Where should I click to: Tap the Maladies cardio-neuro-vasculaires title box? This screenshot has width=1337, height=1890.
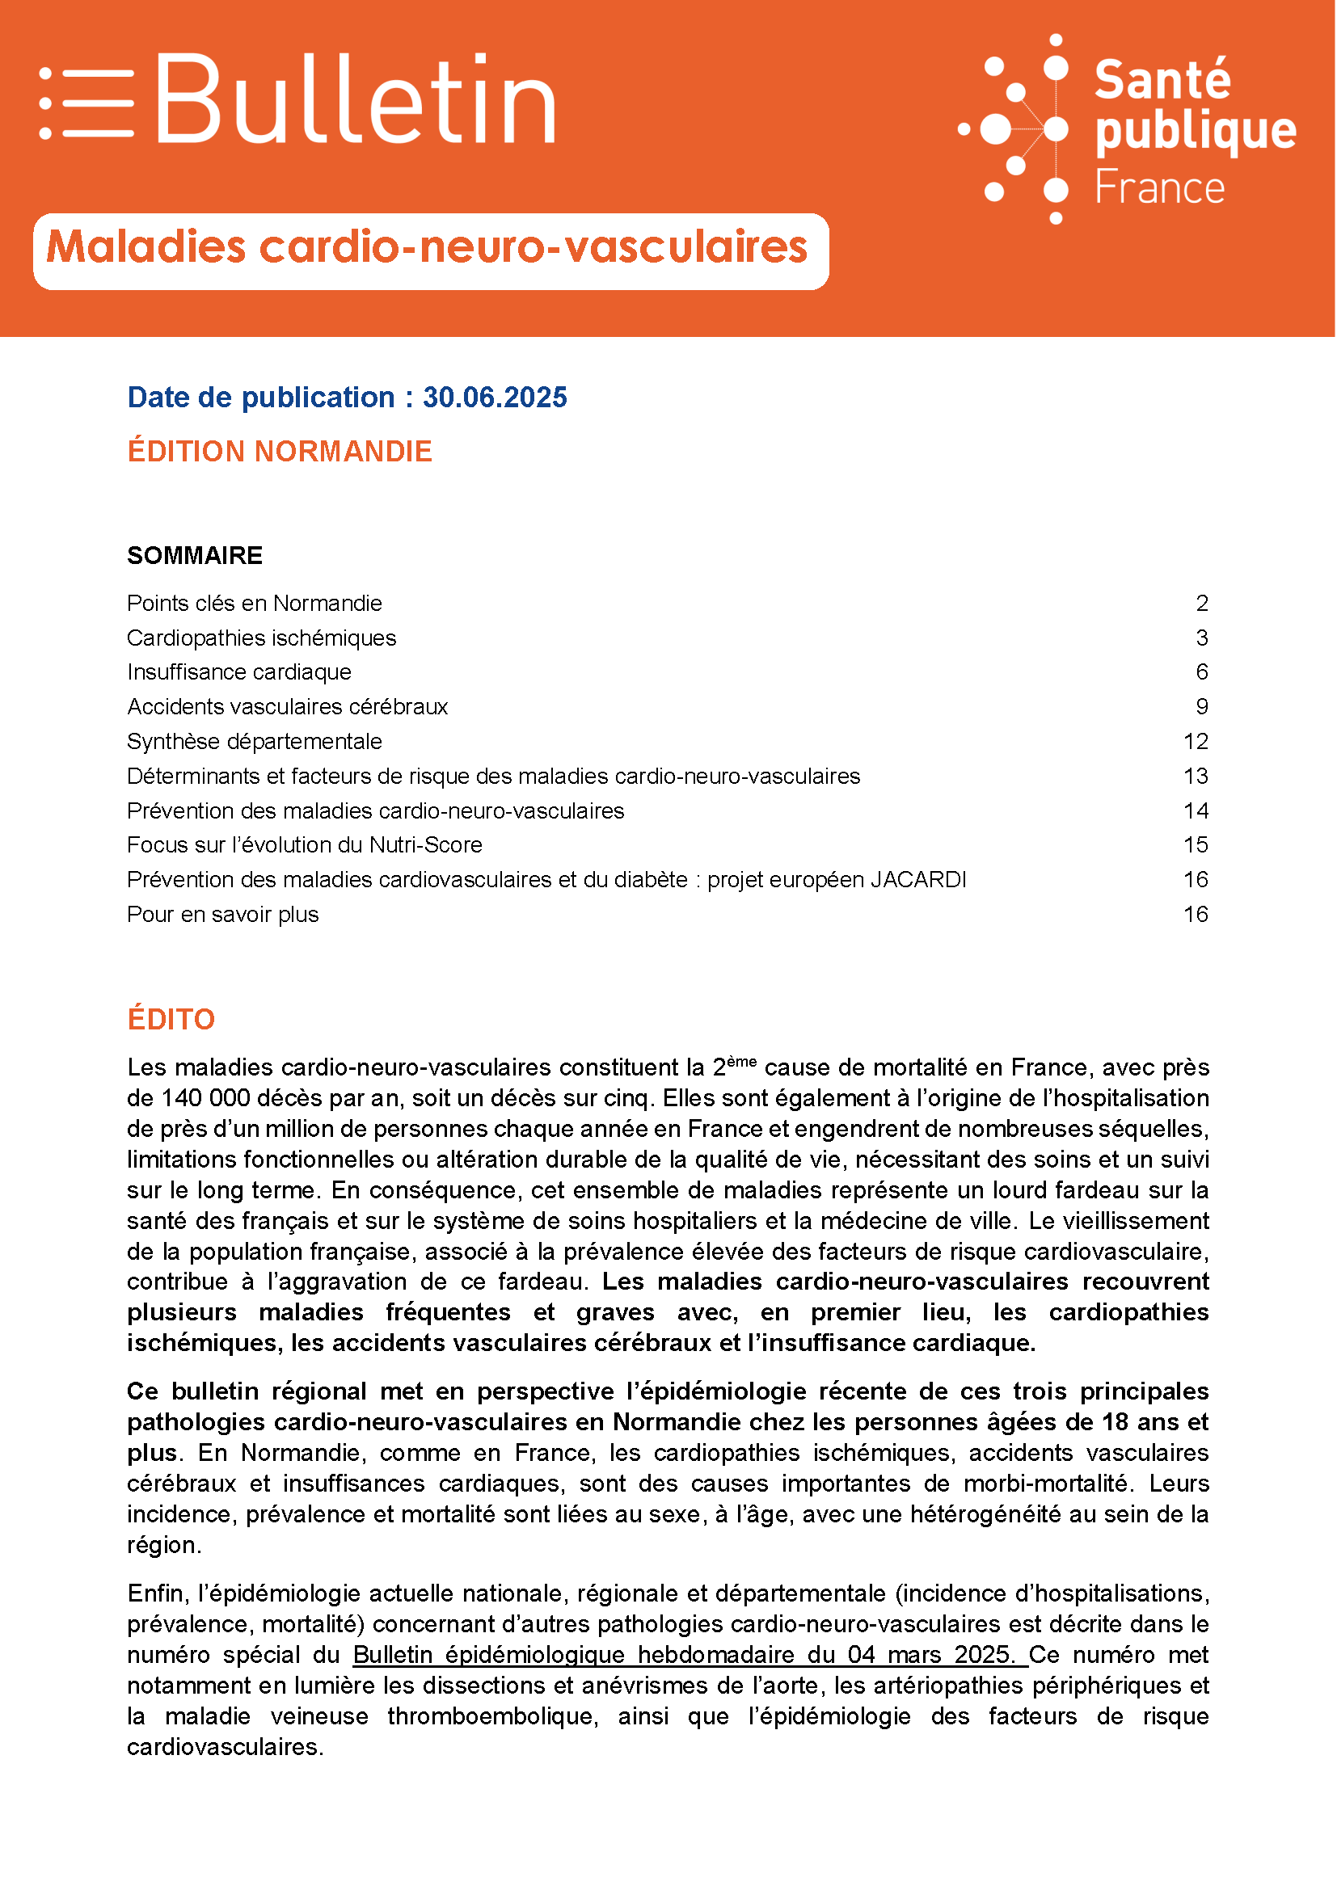[430, 250]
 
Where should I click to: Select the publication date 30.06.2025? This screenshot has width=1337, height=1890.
[495, 398]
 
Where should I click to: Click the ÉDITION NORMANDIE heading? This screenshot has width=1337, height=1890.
[279, 452]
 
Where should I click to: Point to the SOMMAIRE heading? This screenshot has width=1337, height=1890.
[194, 556]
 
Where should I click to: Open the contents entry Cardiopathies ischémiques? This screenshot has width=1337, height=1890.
[261, 638]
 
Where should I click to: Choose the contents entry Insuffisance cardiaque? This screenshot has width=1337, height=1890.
[238, 672]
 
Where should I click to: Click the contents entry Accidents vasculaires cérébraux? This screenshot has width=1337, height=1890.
[287, 707]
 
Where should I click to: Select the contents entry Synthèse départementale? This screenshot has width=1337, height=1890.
[255, 742]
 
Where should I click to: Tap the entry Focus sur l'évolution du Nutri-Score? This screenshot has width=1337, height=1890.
[304, 845]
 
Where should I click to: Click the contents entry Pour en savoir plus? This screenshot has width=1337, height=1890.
[222, 915]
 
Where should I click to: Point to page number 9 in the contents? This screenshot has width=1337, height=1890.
[1201, 707]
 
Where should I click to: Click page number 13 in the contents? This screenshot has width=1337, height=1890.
[1196, 777]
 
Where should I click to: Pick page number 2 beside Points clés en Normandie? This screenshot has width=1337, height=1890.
[1201, 604]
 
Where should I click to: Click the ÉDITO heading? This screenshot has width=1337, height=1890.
[171, 1020]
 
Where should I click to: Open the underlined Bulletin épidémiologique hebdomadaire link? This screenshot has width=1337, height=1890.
[683, 1655]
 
